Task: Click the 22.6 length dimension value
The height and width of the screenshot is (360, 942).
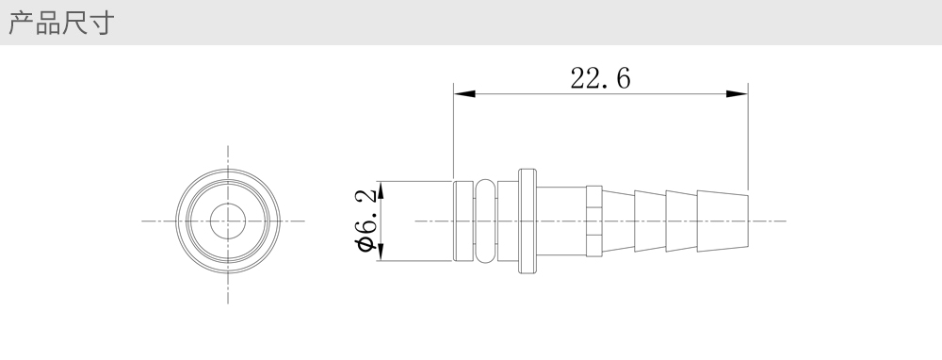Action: [x=600, y=79]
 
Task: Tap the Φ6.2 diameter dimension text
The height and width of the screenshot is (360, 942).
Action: [x=367, y=221]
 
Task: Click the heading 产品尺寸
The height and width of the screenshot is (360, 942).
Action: [x=61, y=23]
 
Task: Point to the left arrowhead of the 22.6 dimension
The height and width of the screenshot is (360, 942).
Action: [x=464, y=93]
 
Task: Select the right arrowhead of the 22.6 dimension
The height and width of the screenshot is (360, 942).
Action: [x=738, y=93]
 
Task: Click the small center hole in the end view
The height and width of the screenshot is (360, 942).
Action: [x=228, y=221]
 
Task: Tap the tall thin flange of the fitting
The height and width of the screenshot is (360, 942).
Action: [x=528, y=221]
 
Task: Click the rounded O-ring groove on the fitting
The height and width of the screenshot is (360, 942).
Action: [x=485, y=221]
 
